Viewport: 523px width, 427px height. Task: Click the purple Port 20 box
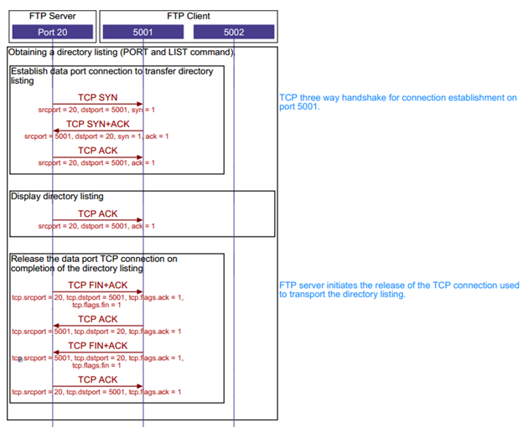52,32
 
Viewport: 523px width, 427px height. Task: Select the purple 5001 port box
143,32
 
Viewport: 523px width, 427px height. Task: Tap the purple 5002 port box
234,32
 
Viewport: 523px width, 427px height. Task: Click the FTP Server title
52,16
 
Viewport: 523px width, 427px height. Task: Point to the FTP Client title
189,16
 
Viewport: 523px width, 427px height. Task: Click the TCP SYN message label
98,97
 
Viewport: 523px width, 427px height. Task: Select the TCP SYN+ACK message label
98,124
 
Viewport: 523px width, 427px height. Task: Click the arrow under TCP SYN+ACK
98,131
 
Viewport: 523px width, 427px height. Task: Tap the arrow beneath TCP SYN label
98,104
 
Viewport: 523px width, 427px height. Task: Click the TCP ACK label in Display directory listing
98,213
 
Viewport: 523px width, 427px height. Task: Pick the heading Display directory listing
57,197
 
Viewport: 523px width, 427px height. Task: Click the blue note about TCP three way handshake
398,102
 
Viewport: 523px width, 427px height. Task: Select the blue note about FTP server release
399,290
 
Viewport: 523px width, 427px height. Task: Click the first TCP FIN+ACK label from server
98,286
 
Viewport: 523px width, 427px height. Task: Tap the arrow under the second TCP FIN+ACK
98,352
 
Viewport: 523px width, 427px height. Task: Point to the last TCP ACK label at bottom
98,379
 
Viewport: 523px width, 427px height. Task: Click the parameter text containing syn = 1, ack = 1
96,136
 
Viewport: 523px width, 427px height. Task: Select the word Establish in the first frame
29,71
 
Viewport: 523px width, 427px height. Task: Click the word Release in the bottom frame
28,259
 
